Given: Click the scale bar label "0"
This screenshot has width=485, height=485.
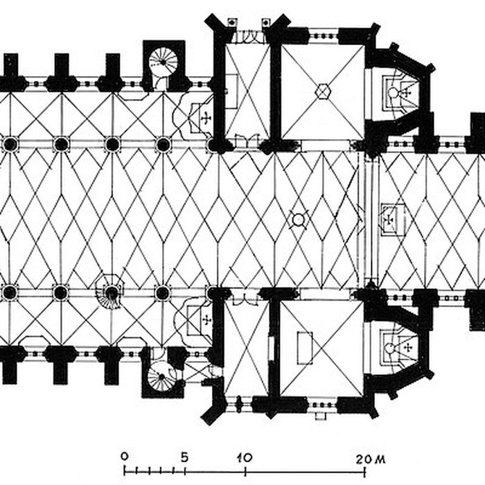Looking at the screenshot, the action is [124, 457].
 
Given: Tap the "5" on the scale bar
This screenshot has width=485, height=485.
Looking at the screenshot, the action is [185, 457].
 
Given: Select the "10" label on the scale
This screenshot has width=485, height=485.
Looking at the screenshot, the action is [245, 457].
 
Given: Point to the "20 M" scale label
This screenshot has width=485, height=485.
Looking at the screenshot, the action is [371, 459].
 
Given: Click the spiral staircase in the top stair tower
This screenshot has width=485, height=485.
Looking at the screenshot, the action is [164, 62].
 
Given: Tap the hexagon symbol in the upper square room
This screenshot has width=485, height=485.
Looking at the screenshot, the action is [323, 91].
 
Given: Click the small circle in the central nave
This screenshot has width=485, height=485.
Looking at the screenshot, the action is [299, 220].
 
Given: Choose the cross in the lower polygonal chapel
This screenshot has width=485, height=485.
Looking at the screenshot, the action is [408, 349].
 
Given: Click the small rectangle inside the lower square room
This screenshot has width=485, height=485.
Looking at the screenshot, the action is [305, 349].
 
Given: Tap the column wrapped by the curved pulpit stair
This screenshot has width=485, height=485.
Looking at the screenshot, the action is [112, 292].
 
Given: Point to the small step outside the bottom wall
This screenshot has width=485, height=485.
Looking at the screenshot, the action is [321, 416].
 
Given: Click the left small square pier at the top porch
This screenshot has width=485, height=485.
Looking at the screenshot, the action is [231, 23].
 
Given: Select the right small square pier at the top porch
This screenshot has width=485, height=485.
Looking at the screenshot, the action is [265, 23].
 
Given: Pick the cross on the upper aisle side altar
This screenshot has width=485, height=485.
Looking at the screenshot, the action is [206, 118].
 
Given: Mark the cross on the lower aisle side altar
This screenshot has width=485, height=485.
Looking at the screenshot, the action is [206, 319].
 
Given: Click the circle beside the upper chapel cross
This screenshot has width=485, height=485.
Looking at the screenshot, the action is [393, 92].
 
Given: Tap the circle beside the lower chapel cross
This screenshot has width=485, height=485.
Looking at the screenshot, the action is [389, 349].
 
